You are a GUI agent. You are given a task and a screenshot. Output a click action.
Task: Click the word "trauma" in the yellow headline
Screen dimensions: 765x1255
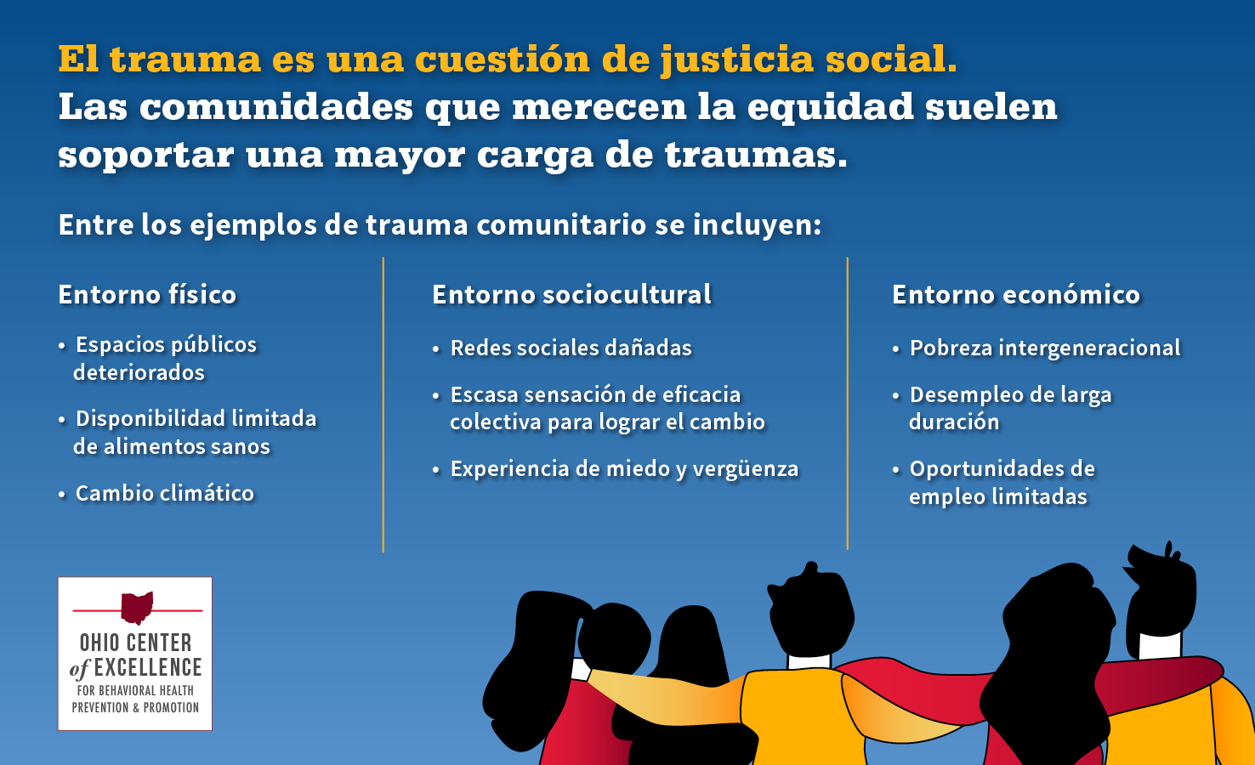click(185, 59)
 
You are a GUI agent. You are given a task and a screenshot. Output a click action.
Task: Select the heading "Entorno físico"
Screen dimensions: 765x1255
click(147, 294)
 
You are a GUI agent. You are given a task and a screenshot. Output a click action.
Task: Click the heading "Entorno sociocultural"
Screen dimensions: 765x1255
click(571, 294)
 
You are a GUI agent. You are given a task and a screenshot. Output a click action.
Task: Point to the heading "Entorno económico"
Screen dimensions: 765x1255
click(1015, 294)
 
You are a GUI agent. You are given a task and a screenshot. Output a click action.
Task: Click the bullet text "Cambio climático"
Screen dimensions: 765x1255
click(164, 493)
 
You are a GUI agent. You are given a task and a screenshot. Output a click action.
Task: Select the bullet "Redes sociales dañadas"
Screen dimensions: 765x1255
click(571, 348)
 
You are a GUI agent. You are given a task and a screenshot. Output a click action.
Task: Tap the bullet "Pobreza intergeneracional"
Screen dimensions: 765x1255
click(1044, 348)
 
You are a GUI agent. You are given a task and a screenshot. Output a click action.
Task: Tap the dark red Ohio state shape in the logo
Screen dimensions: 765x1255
click(136, 607)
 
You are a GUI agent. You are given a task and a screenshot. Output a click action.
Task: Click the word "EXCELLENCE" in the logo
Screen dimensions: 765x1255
click(148, 668)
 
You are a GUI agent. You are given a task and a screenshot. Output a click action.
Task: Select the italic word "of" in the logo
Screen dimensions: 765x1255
click(79, 670)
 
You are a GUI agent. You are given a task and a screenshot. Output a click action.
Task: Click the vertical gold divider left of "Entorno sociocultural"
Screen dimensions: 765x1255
click(383, 404)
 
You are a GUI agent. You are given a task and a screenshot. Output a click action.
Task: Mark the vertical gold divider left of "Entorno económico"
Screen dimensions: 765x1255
click(848, 404)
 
